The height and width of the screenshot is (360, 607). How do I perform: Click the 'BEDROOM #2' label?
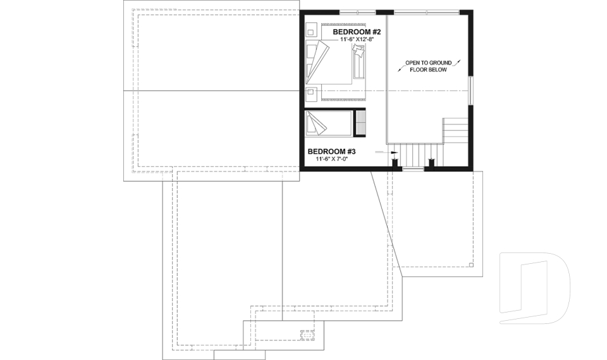356,32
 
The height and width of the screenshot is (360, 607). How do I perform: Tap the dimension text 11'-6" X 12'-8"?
357,40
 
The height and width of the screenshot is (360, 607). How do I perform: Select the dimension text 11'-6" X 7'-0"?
328,159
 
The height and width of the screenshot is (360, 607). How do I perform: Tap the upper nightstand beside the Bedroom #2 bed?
311,30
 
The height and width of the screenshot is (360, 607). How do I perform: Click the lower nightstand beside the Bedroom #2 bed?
311,94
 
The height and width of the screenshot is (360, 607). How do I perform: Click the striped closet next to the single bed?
361,122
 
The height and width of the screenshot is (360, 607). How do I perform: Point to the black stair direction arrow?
393,152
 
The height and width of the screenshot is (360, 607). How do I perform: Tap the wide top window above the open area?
427,11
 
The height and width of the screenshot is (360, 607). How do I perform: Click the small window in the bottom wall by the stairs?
413,168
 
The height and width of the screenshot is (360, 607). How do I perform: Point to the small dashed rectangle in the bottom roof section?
307,335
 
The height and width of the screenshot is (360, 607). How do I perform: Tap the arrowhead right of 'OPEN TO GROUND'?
459,61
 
